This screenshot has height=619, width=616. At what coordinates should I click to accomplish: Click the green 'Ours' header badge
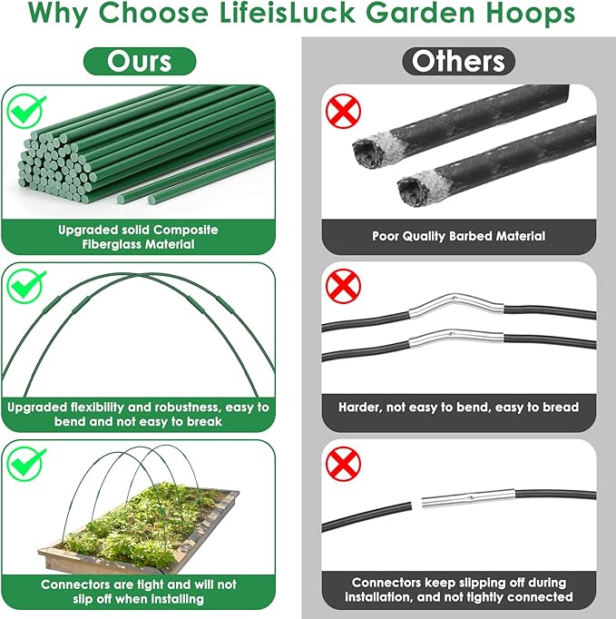pyautogui.click(x=140, y=61)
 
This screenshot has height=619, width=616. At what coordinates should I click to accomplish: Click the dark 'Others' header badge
pyautogui.click(x=458, y=61)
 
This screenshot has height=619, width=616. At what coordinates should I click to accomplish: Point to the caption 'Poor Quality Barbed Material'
pyautogui.click(x=459, y=236)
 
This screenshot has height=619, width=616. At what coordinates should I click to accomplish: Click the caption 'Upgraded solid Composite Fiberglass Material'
pyautogui.click(x=138, y=238)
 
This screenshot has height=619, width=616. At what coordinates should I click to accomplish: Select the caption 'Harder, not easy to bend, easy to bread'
pyautogui.click(x=459, y=408)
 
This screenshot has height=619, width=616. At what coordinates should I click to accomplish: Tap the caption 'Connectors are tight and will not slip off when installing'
pyautogui.click(x=138, y=593)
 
